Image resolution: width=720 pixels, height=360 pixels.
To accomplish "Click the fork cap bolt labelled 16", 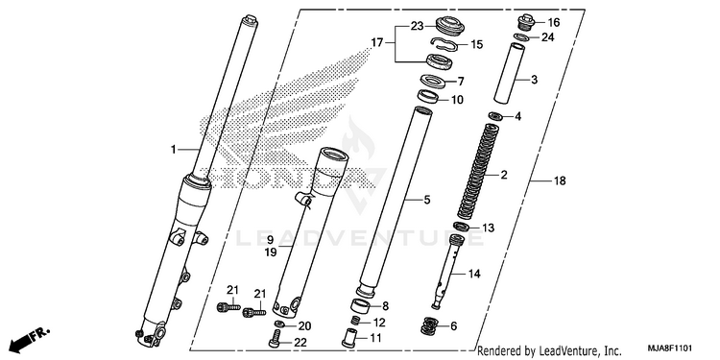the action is coord(527,22).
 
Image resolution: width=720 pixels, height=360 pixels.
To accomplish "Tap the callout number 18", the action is coord(560,180).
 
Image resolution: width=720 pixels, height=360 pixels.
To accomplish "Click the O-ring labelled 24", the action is coord(520,37).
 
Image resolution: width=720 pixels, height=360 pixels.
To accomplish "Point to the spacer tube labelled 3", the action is coord(509,74).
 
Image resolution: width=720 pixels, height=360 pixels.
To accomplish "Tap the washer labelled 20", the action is coord(278,324).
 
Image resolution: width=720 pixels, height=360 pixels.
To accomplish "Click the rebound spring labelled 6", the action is coord(429,325).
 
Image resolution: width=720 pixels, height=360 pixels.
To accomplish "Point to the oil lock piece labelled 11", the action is coord(349,338).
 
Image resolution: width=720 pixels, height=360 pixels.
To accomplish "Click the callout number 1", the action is coord(173,149).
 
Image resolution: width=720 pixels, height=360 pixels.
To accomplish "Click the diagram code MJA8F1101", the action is coord(670,348).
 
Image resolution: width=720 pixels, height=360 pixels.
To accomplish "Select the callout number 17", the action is coord(376,42).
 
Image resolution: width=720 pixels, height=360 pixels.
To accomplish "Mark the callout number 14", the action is coord(474,275).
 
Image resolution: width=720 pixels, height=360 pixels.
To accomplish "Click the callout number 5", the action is coord(426,200).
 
